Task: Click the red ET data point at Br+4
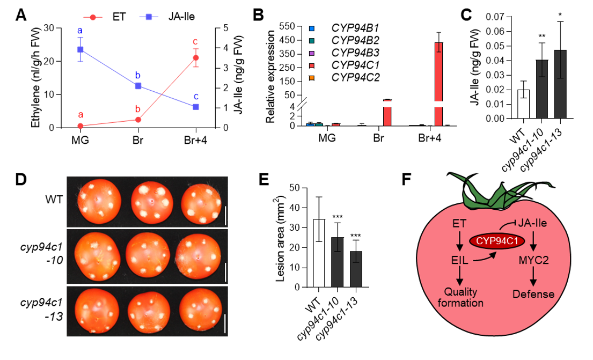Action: click(196, 58)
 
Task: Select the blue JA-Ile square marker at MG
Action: click(80, 50)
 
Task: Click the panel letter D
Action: click(21, 179)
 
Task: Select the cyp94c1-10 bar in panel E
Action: click(337, 262)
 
